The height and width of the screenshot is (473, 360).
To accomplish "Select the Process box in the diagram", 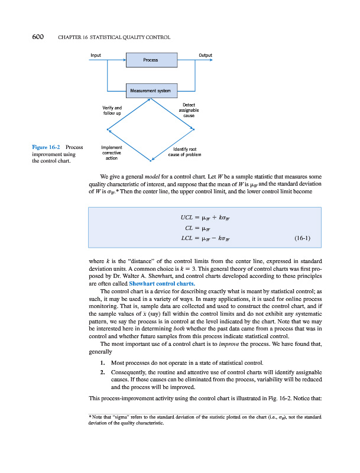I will click(x=151, y=60).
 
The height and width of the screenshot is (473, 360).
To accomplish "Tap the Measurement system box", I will click(x=151, y=90).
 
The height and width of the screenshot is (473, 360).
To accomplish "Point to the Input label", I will click(x=95, y=55).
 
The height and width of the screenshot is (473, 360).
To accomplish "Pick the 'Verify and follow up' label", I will click(x=112, y=110).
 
